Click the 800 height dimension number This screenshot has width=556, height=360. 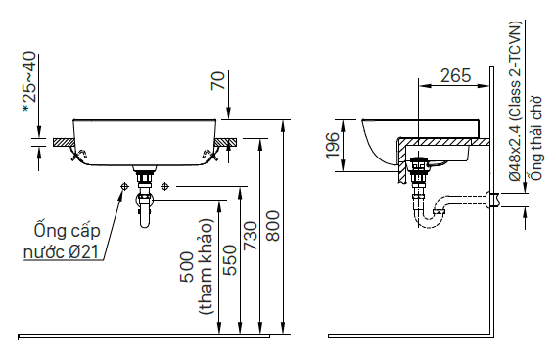[273, 226]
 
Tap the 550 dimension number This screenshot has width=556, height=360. [229, 260]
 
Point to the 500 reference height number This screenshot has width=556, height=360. [188, 267]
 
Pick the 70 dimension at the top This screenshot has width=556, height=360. [218, 81]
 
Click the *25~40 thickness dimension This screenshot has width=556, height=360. [29, 82]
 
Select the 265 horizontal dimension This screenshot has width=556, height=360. [455, 76]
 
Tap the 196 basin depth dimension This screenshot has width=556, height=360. [332, 146]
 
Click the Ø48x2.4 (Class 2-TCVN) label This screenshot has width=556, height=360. [515, 102]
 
